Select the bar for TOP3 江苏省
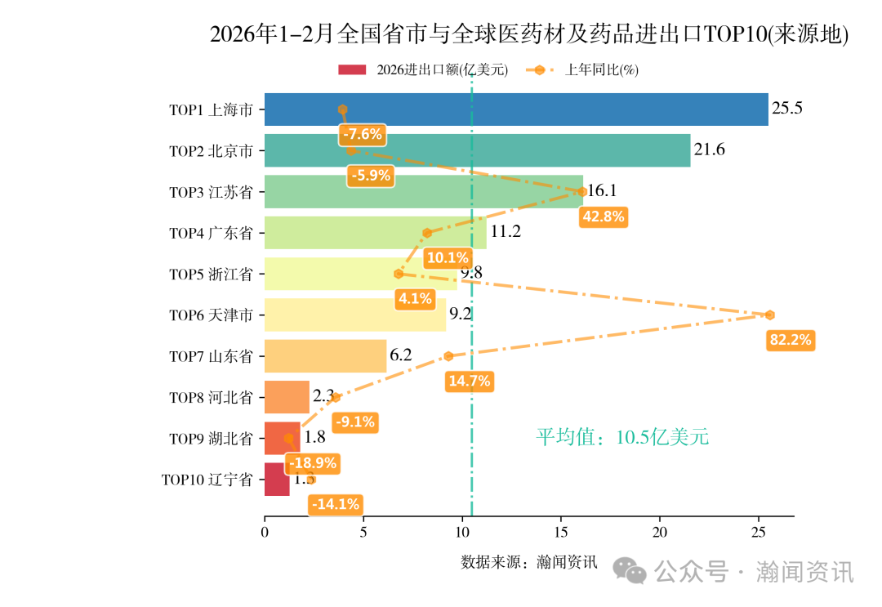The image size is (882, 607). click(424, 192)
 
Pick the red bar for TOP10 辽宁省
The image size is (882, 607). click(277, 480)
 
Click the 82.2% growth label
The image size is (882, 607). click(791, 341)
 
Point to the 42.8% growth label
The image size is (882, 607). click(603, 216)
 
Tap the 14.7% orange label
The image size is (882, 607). click(469, 381)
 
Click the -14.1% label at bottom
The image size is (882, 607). click(335, 505)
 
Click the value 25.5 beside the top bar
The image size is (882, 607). click(787, 109)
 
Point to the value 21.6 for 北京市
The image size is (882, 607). click(709, 150)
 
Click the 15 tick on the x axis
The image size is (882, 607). click(561, 533)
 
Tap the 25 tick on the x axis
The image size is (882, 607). click(759, 533)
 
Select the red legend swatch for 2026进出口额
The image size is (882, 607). click(352, 70)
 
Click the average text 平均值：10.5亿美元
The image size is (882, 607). click(622, 437)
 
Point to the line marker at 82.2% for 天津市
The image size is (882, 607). click(769, 315)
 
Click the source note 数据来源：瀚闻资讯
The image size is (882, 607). click(529, 562)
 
